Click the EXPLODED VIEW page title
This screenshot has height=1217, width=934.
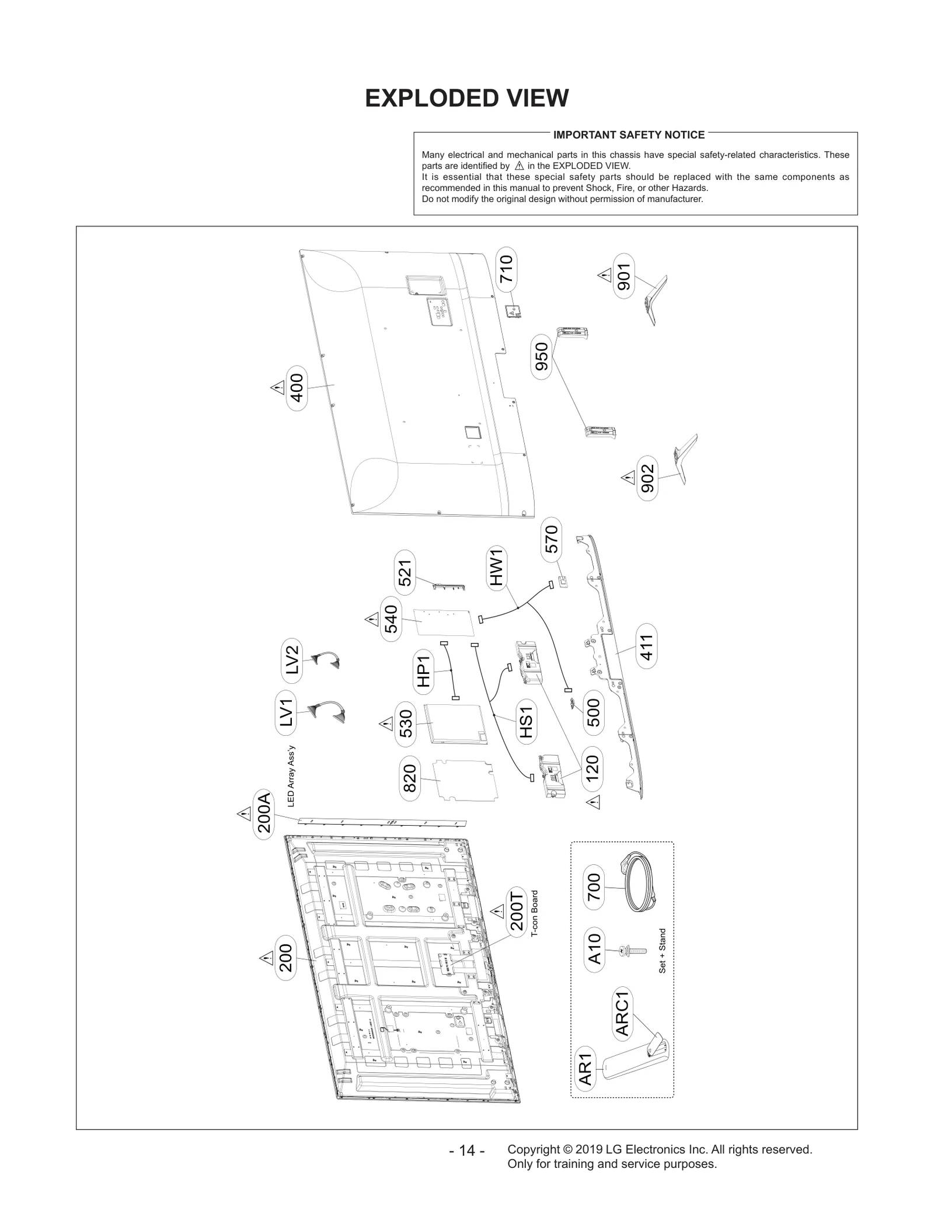click(466, 98)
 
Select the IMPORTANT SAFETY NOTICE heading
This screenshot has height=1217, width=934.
click(629, 135)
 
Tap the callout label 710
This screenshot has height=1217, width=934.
click(506, 269)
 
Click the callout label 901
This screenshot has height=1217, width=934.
click(624, 276)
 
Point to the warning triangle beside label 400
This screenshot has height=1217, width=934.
click(276, 388)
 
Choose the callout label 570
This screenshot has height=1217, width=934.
click(551, 539)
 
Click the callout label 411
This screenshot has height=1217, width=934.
click(646, 646)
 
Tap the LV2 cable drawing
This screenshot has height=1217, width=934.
click(327, 660)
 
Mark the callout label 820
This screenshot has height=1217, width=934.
click(409, 778)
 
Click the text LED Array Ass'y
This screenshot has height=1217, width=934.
click(291, 776)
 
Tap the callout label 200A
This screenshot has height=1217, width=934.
click(264, 815)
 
